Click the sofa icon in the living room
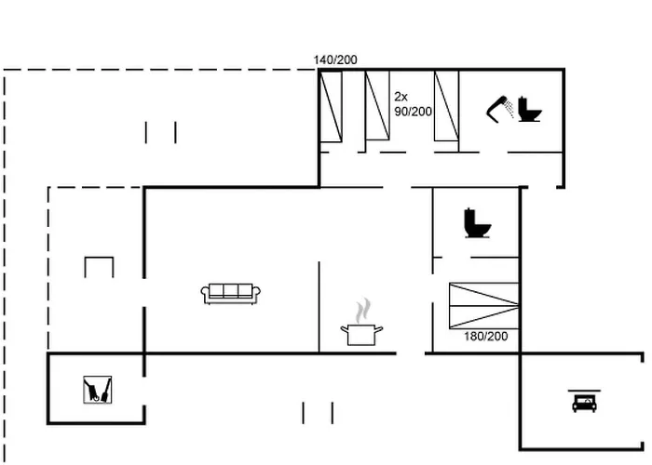click(x=231, y=294)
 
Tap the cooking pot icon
click(x=361, y=335)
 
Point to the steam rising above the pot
click(x=363, y=310)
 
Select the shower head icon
click(x=501, y=109)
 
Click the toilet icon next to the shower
click(x=529, y=109)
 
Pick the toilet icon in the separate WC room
click(x=477, y=223)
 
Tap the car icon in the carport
click(x=584, y=403)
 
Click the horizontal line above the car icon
click(x=584, y=391)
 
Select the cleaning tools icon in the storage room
click(x=97, y=390)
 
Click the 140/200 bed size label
click(x=335, y=60)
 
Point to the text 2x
click(x=401, y=97)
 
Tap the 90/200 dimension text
click(x=413, y=112)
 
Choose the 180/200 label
click(x=485, y=337)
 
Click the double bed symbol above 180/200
click(x=484, y=306)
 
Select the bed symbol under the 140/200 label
click(x=331, y=107)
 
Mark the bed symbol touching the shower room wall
click(x=446, y=106)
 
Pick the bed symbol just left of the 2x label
click(x=377, y=105)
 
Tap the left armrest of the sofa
click(x=205, y=294)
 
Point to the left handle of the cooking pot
click(x=344, y=329)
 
